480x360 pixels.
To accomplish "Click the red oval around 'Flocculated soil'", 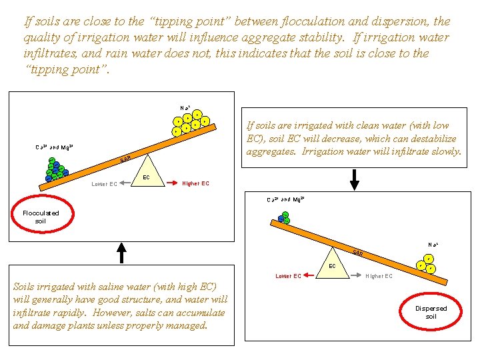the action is tap(41, 216).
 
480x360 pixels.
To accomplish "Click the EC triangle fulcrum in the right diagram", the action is tap(332, 263).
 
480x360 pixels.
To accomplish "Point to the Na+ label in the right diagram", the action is tap(433, 245).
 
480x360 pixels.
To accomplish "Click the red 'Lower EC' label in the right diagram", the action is tap(289, 276).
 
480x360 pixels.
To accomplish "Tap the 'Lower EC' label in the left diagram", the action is tap(104, 184).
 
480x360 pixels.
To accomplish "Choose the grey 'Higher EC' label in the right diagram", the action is tap(379, 276).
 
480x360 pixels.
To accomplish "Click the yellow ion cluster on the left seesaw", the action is tap(190, 122).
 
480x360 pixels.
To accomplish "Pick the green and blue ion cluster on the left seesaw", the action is tap(55, 171).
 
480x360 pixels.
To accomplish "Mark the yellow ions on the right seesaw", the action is tap(426, 264).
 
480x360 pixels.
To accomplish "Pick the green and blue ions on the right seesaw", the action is tap(284, 217).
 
